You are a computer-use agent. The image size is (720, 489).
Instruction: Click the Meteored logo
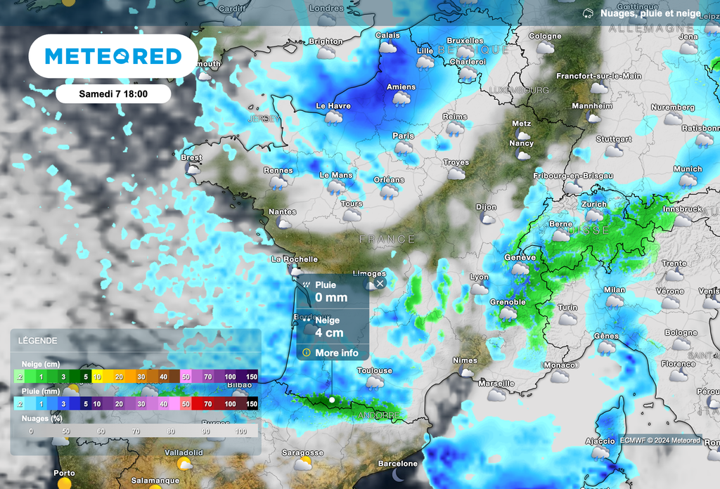tap(112, 56)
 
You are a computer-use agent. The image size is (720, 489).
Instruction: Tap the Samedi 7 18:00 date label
tap(113, 93)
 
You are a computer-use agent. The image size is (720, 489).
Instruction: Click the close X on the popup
tap(380, 283)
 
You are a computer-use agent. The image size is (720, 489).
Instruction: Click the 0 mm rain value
tap(331, 298)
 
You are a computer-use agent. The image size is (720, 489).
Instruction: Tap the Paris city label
tap(403, 136)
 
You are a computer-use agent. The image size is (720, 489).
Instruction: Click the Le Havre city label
tap(333, 106)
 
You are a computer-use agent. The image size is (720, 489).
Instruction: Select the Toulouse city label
tap(374, 370)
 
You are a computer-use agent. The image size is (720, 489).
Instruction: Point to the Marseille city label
tap(496, 383)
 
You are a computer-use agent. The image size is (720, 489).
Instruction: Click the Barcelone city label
tap(398, 464)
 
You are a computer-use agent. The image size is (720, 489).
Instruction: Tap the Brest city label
tap(191, 158)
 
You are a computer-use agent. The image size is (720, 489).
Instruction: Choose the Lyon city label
tap(479, 278)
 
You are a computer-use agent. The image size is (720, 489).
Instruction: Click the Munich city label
tap(688, 169)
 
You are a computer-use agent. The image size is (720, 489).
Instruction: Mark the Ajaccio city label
tap(600, 441)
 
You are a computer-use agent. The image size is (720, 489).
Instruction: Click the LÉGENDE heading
tap(38, 341)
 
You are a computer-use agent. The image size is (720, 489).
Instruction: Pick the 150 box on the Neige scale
tap(250, 377)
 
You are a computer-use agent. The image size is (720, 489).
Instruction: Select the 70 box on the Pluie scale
tap(207, 404)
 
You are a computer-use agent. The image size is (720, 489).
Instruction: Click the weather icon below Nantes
tap(284, 223)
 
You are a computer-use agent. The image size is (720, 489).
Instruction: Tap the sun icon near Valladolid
tap(185, 464)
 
